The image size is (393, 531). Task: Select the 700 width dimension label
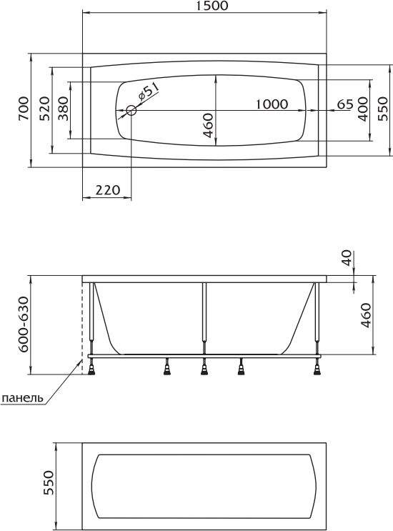coord(24,109)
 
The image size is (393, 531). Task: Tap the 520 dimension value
coord(44,109)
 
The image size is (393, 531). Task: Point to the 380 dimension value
coord(63,109)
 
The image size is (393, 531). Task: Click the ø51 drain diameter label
coord(147,92)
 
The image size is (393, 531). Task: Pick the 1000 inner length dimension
coord(272,104)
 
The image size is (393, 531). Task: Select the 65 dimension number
coord(345,104)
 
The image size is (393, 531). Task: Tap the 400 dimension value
coord(363,109)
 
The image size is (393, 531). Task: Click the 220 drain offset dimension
coord(108,190)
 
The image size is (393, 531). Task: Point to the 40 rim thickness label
coord(348,259)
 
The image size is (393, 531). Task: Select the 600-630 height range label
coord(23,324)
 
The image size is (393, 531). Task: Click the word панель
coord(22,397)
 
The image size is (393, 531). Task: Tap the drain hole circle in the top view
coord(131,110)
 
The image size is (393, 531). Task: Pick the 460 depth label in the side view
coord(367,315)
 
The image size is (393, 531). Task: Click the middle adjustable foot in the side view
coord(204,367)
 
